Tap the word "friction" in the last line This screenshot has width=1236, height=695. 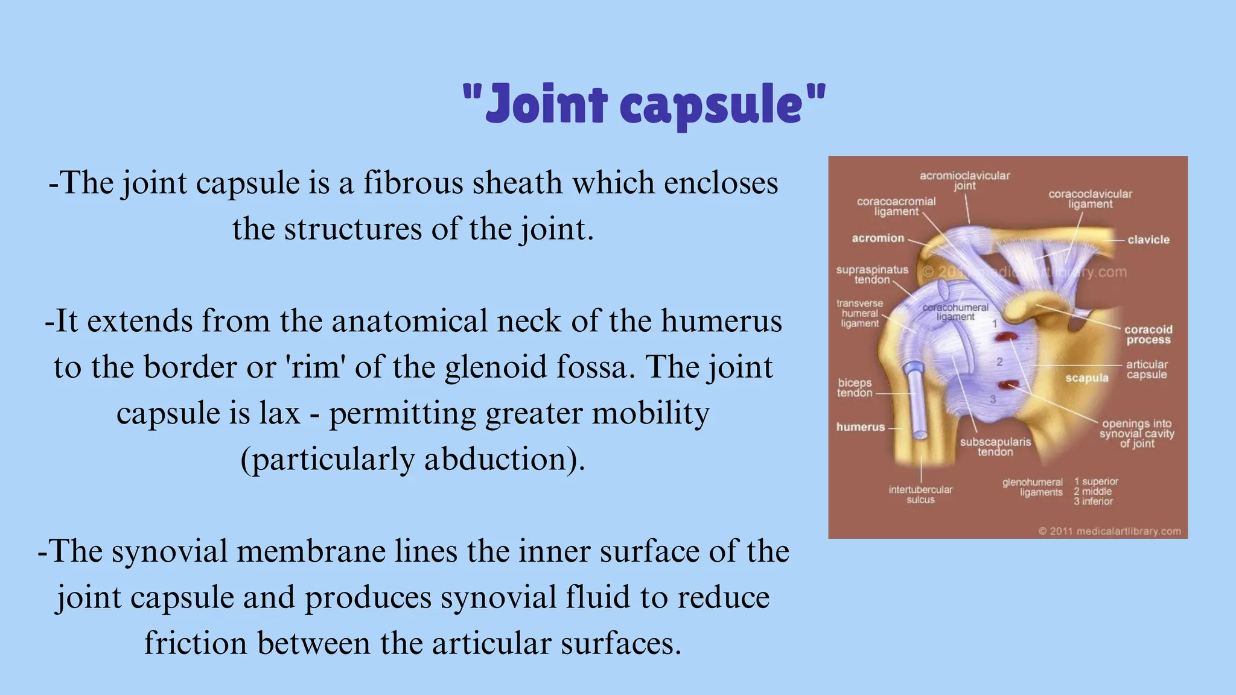(196, 643)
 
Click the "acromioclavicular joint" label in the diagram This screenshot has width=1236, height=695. (964, 180)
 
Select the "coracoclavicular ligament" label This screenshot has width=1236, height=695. (1090, 198)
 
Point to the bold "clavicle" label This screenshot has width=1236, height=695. (1148, 240)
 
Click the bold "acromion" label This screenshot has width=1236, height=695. (878, 238)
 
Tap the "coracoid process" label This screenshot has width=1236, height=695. (1148, 335)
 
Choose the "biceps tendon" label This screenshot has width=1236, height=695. (855, 388)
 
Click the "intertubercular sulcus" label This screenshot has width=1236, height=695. (920, 495)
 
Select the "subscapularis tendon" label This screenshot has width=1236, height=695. (995, 446)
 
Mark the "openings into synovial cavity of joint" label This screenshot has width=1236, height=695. (1137, 433)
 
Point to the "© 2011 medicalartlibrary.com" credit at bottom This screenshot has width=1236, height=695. (1109, 532)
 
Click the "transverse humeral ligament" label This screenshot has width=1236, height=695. (859, 313)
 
